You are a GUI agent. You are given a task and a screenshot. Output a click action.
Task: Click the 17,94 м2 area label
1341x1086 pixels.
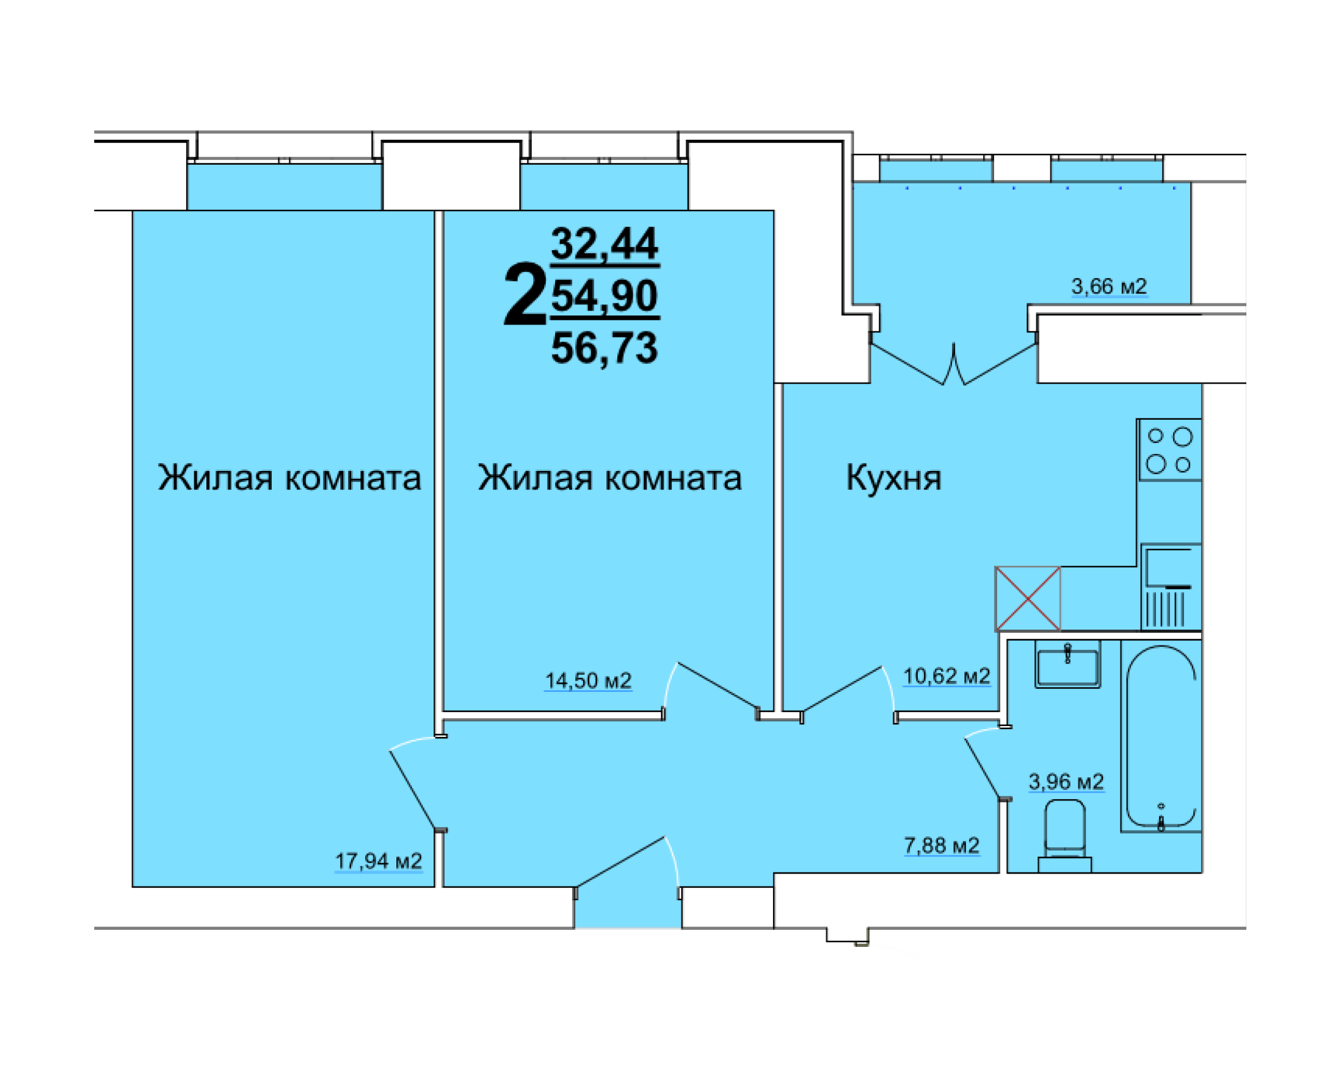point(378,861)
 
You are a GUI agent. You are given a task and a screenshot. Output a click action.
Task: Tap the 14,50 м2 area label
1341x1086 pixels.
point(588,681)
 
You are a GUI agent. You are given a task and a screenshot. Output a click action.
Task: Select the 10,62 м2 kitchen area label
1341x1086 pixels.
point(946,676)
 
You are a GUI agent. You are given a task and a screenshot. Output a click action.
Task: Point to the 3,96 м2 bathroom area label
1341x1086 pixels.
point(1066,782)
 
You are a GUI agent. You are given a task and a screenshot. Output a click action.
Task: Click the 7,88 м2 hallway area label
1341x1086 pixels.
point(941,846)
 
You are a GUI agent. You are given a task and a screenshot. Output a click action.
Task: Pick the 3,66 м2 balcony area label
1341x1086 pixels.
point(1109,287)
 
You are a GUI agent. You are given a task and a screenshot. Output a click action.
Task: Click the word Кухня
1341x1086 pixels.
point(893,478)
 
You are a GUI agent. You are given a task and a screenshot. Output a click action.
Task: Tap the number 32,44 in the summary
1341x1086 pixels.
point(604,244)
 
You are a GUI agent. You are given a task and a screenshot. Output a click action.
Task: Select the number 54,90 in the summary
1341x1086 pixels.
point(604,296)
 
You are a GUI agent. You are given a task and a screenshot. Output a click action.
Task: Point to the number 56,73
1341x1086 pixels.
point(604,348)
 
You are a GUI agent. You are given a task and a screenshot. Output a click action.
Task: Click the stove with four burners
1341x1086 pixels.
point(1169,450)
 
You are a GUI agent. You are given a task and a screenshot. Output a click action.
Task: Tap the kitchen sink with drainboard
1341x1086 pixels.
point(1170,586)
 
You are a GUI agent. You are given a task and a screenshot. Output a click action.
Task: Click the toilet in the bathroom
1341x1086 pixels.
point(1065,835)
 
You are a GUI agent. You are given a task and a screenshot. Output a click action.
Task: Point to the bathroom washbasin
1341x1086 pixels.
point(1067,667)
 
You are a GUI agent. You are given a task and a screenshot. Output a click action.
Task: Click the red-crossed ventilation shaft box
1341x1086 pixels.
point(1027,599)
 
